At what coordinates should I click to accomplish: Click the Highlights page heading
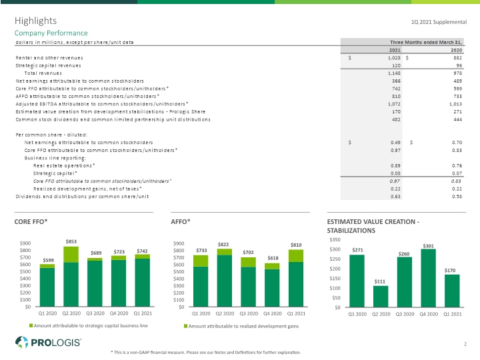coord(35,21)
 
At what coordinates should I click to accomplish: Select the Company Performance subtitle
coord(51,33)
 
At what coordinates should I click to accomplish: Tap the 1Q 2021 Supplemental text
coord(439,22)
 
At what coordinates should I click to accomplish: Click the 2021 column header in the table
coord(395,50)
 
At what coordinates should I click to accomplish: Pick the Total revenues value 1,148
coord(394,73)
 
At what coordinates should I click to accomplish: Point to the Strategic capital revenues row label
coord(49,65)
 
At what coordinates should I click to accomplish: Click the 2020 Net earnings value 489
coord(457,81)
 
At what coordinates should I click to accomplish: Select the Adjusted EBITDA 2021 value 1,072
coord(394,104)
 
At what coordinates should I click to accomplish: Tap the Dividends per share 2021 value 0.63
coord(395,197)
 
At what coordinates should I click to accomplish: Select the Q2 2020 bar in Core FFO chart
coord(71,277)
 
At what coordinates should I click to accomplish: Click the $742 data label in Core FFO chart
coord(142,251)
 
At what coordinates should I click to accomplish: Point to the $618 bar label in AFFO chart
coord(273,258)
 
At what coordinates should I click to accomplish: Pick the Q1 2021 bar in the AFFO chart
coord(296,278)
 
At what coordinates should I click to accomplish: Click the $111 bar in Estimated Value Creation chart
coord(381,296)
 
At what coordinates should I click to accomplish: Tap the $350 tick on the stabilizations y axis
coord(335,239)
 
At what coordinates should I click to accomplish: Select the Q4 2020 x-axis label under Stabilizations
coord(429,314)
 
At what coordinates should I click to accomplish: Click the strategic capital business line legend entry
coord(89,326)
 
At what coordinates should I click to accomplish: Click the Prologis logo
coord(48,342)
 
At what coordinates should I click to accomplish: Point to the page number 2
coord(465,344)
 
